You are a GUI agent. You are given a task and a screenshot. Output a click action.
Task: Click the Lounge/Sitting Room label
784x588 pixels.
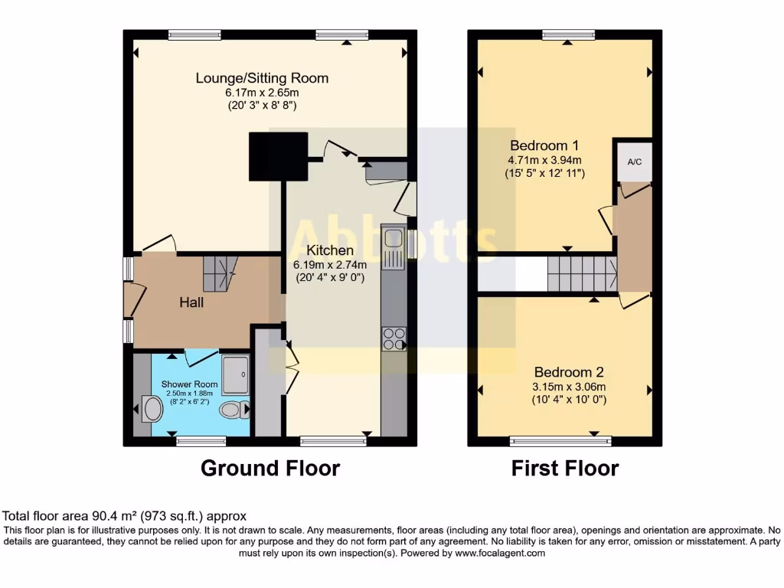click(x=262, y=78)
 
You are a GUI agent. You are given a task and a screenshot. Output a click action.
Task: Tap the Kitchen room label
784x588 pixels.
click(x=330, y=250)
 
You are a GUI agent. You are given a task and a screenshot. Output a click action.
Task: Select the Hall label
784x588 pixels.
click(x=191, y=302)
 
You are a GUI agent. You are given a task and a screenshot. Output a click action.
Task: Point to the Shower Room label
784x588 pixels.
click(x=189, y=384)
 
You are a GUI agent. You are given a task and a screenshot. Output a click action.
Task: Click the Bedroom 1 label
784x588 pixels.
click(x=545, y=145)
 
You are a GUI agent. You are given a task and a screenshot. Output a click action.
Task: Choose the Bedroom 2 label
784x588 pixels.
click(x=569, y=372)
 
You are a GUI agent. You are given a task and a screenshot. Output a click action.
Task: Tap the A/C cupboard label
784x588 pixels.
click(x=635, y=162)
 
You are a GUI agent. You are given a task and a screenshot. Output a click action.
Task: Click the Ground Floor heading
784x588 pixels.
click(x=269, y=468)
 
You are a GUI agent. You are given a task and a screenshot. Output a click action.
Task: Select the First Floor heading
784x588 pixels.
click(x=565, y=468)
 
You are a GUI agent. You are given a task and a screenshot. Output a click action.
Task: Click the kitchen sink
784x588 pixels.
click(x=394, y=247)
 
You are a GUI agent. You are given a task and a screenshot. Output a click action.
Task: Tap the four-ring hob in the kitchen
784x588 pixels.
click(x=394, y=338)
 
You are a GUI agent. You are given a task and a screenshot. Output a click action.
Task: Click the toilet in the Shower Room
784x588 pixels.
click(x=233, y=410)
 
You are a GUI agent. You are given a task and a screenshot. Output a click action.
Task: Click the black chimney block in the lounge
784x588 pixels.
click(x=278, y=155)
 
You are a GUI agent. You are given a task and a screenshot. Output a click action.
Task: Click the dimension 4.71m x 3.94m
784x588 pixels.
click(x=545, y=160)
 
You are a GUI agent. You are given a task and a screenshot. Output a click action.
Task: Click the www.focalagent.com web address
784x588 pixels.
click(x=499, y=553)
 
